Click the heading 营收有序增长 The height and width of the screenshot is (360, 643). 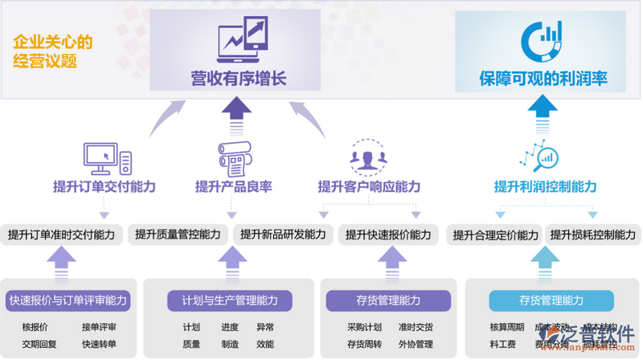tap(238, 79)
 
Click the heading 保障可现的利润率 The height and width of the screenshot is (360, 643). tap(543, 79)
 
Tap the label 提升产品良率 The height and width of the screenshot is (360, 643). tap(233, 187)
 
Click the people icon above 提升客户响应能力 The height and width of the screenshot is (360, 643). tap(367, 157)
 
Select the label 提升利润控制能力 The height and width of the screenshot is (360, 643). tap(545, 187)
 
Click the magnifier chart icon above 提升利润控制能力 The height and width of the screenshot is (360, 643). tap(538, 157)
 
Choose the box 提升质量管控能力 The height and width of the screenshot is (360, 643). tap(178, 235)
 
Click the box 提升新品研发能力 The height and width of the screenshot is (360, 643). tap(282, 235)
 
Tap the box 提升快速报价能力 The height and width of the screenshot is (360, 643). tap(387, 235)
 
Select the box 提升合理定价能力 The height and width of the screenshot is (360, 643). tap(495, 235)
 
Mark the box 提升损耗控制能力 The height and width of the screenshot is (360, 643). tap(592, 235)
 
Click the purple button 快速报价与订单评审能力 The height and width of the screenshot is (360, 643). tap(68, 301)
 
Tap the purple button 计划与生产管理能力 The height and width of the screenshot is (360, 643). tap(230, 301)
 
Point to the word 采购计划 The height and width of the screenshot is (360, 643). tap(364, 327)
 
